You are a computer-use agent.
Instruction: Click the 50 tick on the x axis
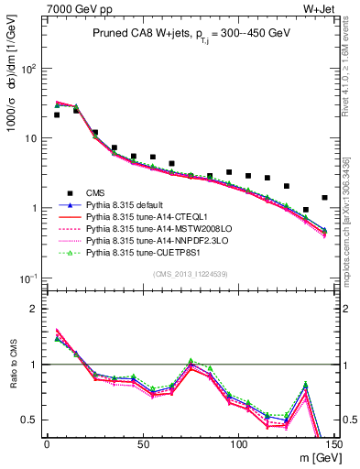pos(143,444)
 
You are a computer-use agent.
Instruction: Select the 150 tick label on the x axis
pos(334,444)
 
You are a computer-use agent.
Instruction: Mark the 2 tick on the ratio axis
pos(35,309)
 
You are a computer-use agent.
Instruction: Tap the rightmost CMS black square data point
pos(324,198)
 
